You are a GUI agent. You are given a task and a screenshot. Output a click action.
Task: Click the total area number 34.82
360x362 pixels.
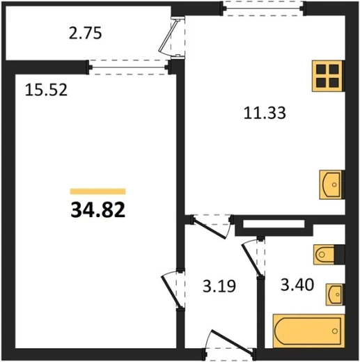pyautogui.click(x=98, y=210)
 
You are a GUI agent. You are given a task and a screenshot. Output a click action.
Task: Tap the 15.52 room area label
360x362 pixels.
pyautogui.click(x=46, y=90)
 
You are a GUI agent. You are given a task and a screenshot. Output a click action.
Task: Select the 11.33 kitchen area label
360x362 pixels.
pyautogui.click(x=265, y=113)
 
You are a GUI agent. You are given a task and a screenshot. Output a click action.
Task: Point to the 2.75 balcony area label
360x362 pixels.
pyautogui.click(x=86, y=33)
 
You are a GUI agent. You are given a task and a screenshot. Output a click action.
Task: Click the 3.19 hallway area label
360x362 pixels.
pyautogui.click(x=219, y=286)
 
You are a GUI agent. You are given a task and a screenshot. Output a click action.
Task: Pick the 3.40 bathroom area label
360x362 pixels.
pyautogui.click(x=297, y=285)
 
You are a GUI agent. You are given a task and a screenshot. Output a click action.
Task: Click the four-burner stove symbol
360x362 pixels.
pyautogui.click(x=328, y=76)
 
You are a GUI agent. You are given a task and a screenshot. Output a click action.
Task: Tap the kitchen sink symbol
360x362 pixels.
pyautogui.click(x=332, y=184)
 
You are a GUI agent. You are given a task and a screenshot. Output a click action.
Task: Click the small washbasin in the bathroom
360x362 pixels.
pyautogui.click(x=335, y=294)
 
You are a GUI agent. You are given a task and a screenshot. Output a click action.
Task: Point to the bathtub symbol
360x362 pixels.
pyautogui.click(x=308, y=331)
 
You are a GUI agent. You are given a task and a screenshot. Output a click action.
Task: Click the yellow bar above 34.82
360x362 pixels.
pyautogui.click(x=98, y=191)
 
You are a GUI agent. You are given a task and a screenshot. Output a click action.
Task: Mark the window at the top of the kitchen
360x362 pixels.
pyautogui.click(x=264, y=8)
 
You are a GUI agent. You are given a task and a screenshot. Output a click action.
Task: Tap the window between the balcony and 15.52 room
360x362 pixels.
pyautogui.click(x=128, y=68)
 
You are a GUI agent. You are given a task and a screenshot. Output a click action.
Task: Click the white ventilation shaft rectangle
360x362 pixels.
pyautogui.click(x=274, y=224)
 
